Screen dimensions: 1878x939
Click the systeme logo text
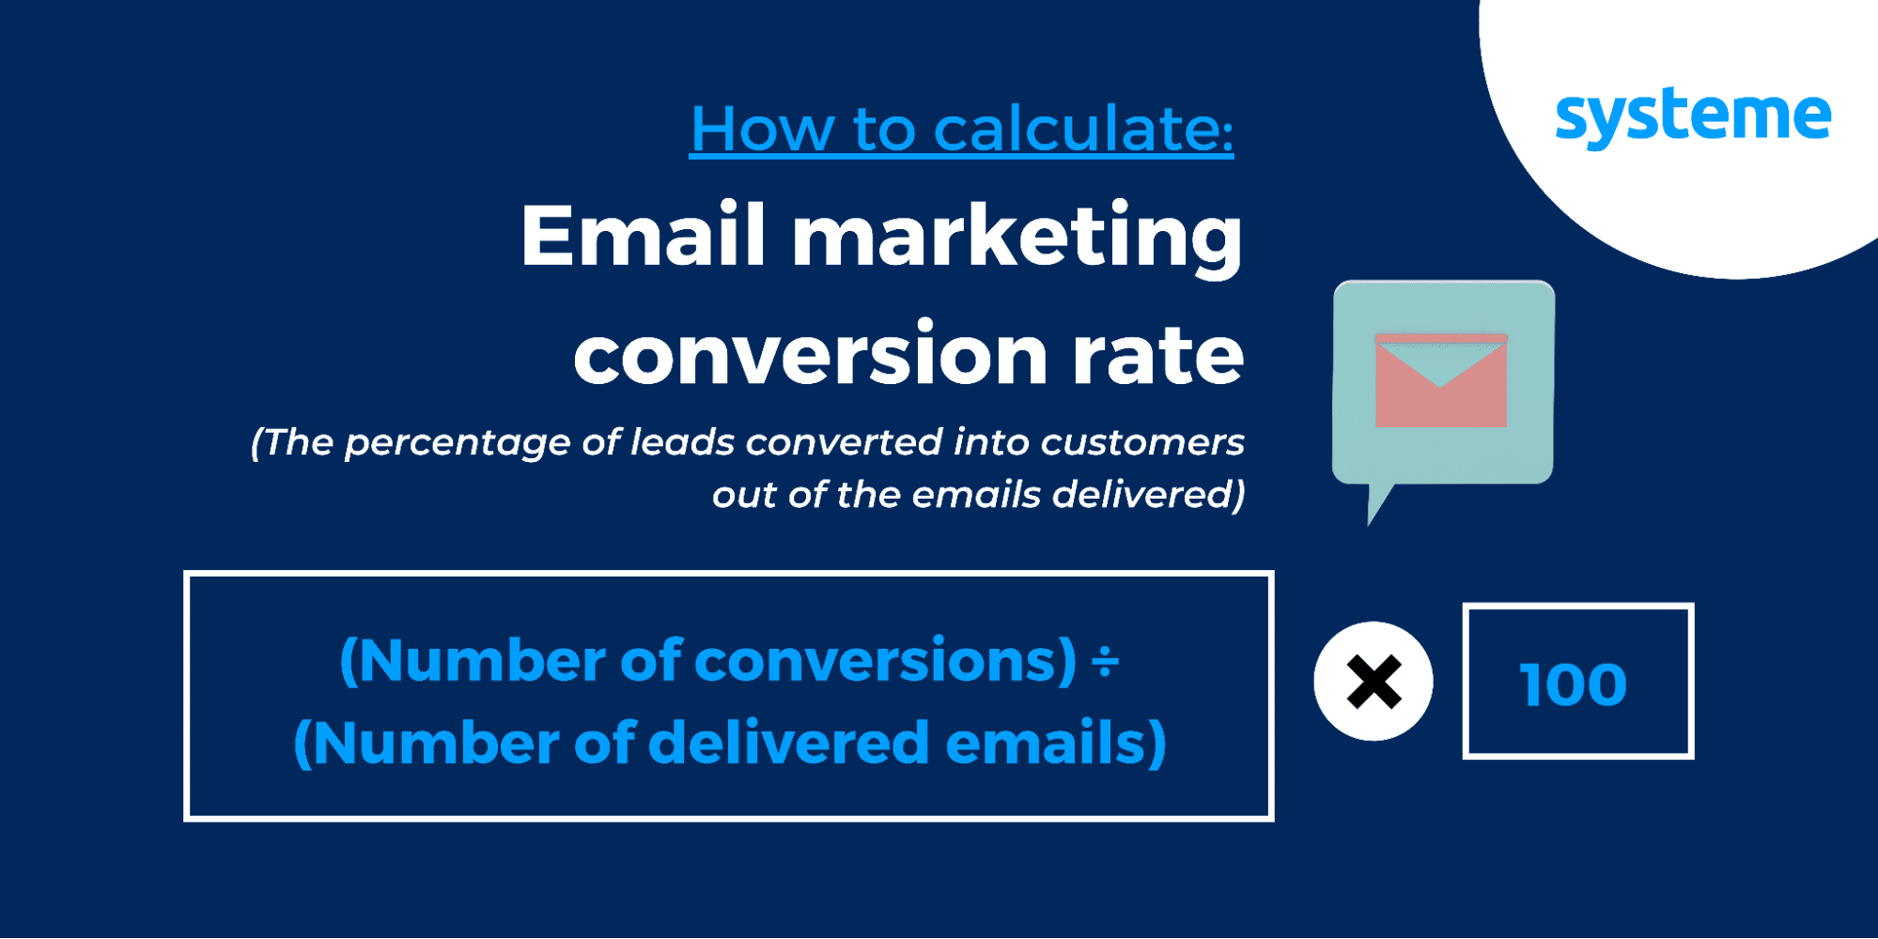pos(1693,117)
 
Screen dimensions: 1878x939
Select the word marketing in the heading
pos(1017,240)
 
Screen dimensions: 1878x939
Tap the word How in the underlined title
pos(762,128)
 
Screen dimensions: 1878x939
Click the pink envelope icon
pos(1441,379)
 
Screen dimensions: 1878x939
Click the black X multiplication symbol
pos(1374,682)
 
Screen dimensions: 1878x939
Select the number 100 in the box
pos(1574,684)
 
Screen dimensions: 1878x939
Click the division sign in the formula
pos(1105,662)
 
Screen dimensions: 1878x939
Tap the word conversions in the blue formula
pos(885,660)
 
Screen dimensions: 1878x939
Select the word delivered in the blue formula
pos(789,742)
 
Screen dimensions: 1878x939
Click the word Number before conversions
pos(482,660)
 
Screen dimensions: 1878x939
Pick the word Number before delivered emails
pos(436,743)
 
